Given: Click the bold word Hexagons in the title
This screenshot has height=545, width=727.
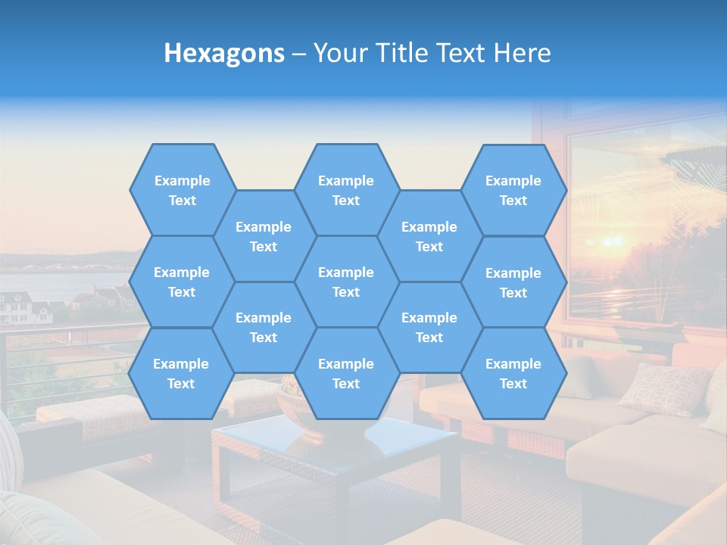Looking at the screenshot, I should tap(224, 53).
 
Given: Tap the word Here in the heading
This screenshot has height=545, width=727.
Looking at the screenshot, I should tap(522, 53).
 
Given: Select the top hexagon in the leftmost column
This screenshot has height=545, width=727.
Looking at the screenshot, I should tap(182, 190).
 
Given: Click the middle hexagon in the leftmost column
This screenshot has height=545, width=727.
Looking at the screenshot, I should tap(182, 282).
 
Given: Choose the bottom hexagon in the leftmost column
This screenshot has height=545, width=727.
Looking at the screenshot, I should tap(181, 373).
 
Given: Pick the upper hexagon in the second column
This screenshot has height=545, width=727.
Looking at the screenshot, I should tap(264, 236).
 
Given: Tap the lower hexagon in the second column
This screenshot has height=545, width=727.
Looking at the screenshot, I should tap(264, 327).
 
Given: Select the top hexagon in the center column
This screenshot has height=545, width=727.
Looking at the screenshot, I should tap(346, 190).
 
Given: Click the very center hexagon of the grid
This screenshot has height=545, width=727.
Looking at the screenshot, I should tap(346, 282).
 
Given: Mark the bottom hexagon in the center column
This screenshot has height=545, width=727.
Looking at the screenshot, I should tap(346, 373).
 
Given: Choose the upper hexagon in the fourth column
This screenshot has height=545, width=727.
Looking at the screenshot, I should tap(429, 236).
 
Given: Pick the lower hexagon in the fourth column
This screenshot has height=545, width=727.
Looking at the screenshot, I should tap(429, 327).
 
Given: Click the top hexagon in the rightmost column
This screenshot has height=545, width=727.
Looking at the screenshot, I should tap(513, 190).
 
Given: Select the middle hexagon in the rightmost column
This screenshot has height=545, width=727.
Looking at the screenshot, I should tap(513, 282).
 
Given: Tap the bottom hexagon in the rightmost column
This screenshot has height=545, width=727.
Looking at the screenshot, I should tap(513, 373).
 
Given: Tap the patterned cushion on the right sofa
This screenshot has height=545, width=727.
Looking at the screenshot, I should tap(664, 388).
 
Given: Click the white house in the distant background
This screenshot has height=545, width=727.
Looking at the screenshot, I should tap(17, 307).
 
